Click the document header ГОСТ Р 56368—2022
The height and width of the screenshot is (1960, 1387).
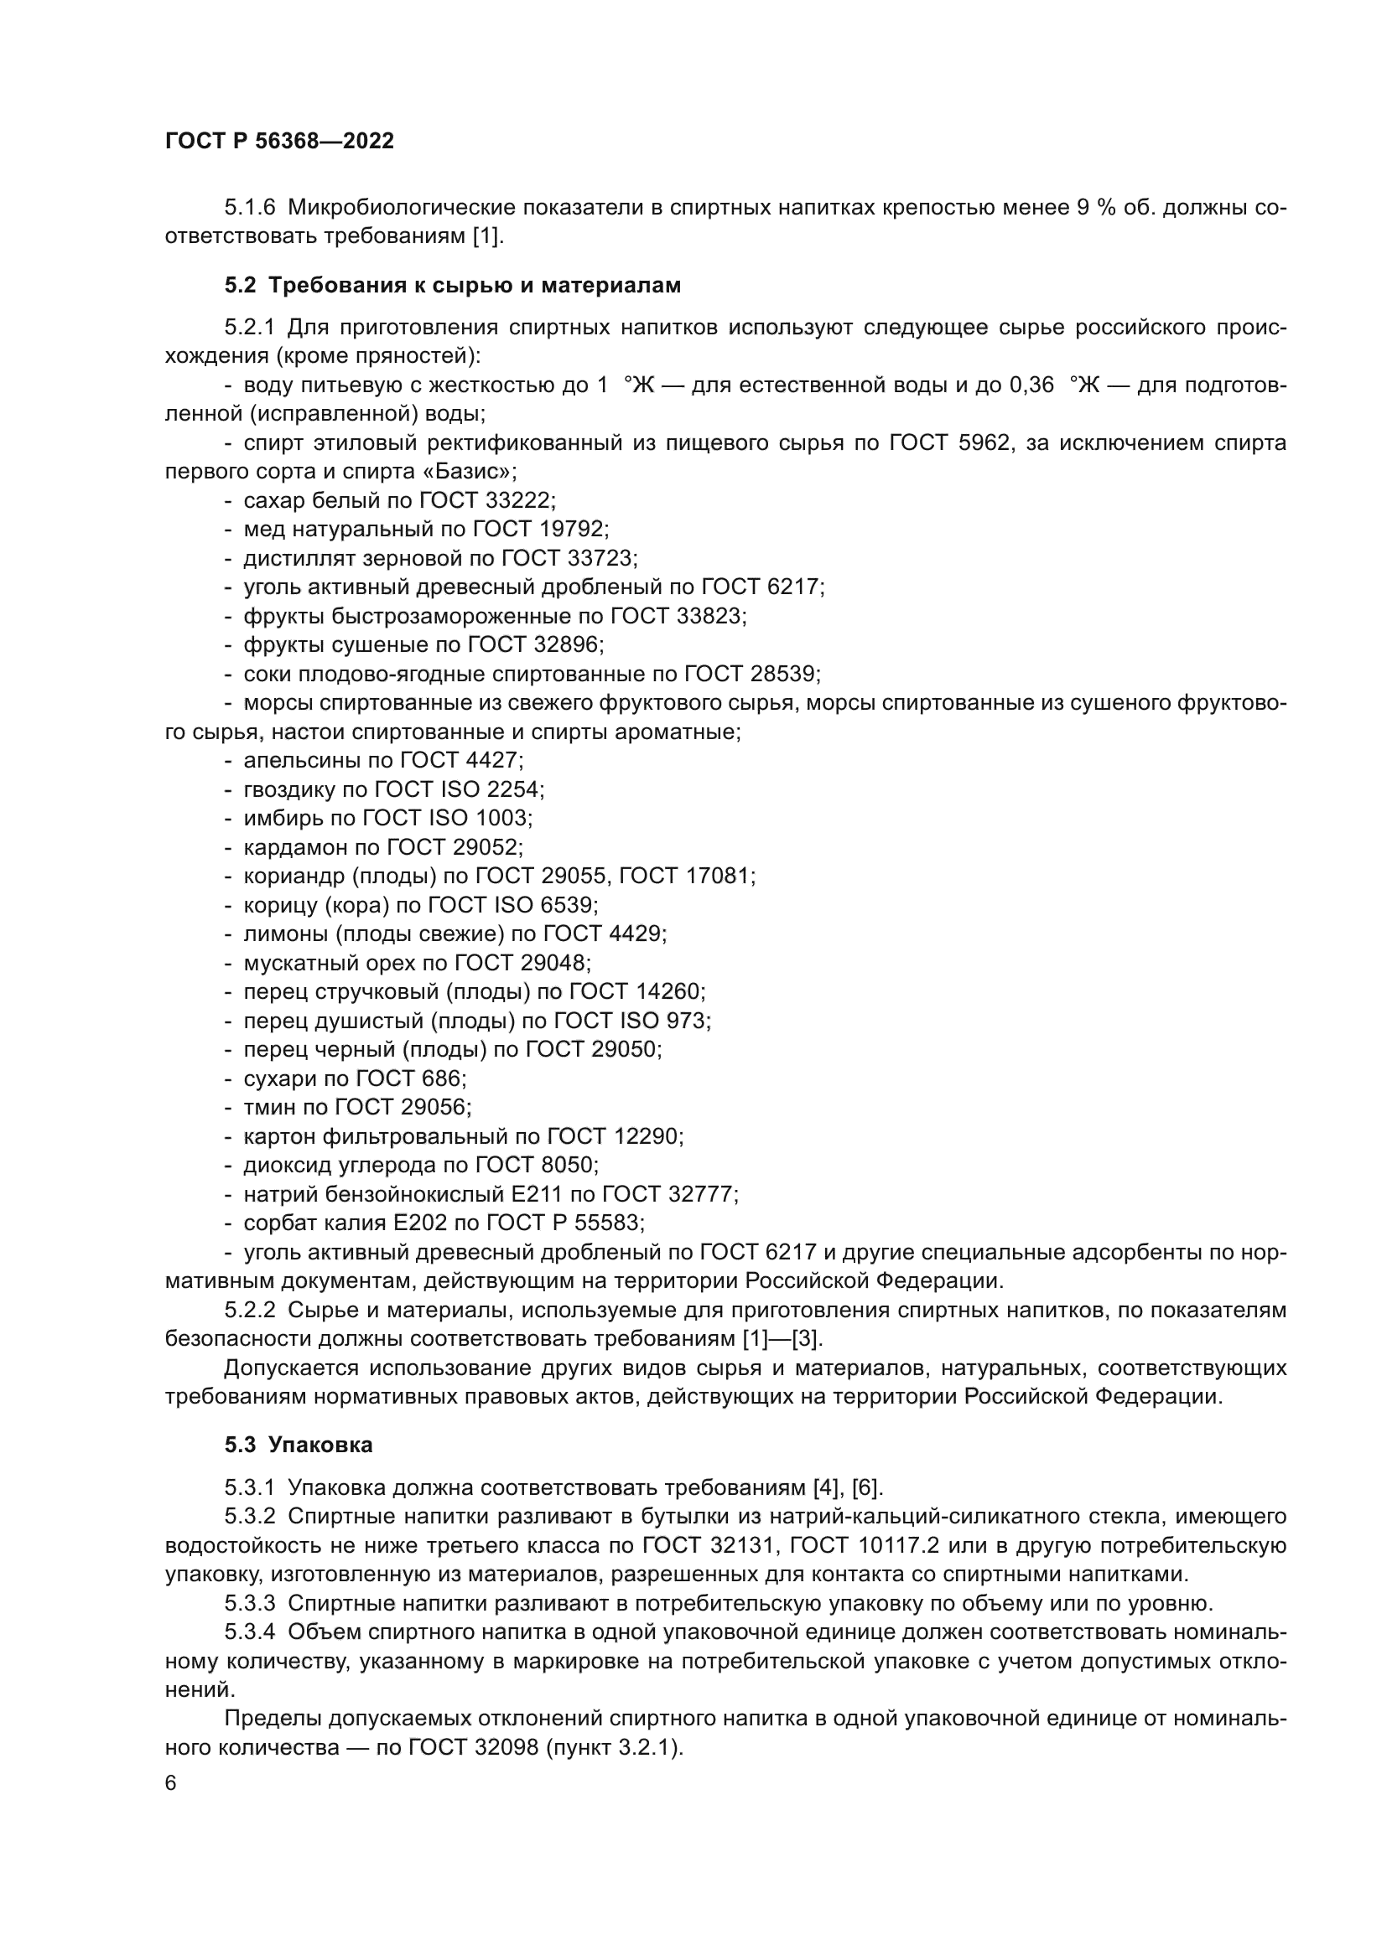pos(279,142)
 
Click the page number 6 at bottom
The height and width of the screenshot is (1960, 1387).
pos(171,1783)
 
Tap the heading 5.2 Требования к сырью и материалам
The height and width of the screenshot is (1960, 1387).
pos(453,285)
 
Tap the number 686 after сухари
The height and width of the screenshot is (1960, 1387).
pos(441,1078)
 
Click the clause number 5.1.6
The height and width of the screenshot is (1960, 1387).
pos(249,208)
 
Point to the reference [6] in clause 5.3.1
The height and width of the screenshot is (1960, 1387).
pos(866,1487)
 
